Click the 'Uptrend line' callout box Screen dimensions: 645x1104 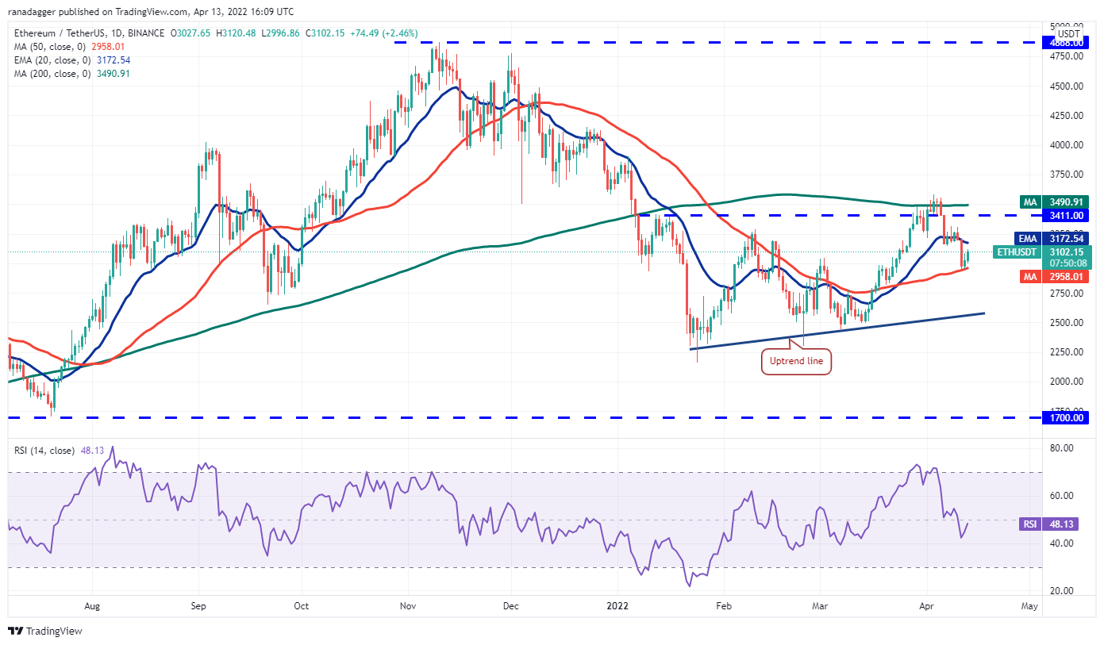point(797,363)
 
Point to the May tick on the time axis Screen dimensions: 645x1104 point(1029,606)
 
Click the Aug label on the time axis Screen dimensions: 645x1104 point(92,606)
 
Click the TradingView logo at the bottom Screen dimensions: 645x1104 point(46,632)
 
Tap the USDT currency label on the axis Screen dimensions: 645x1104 point(1069,34)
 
